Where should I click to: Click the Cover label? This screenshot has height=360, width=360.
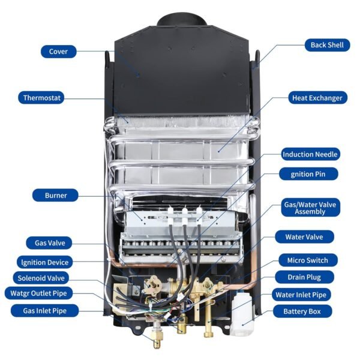(58, 52)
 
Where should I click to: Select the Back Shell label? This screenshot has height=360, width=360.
(327, 45)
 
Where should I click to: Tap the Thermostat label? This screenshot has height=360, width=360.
(43, 97)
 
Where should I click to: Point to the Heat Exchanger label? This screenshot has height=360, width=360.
(317, 97)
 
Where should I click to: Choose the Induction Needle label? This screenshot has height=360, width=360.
(311, 154)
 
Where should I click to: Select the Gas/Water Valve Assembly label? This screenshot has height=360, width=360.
(310, 208)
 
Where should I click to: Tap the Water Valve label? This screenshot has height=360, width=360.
(306, 237)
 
